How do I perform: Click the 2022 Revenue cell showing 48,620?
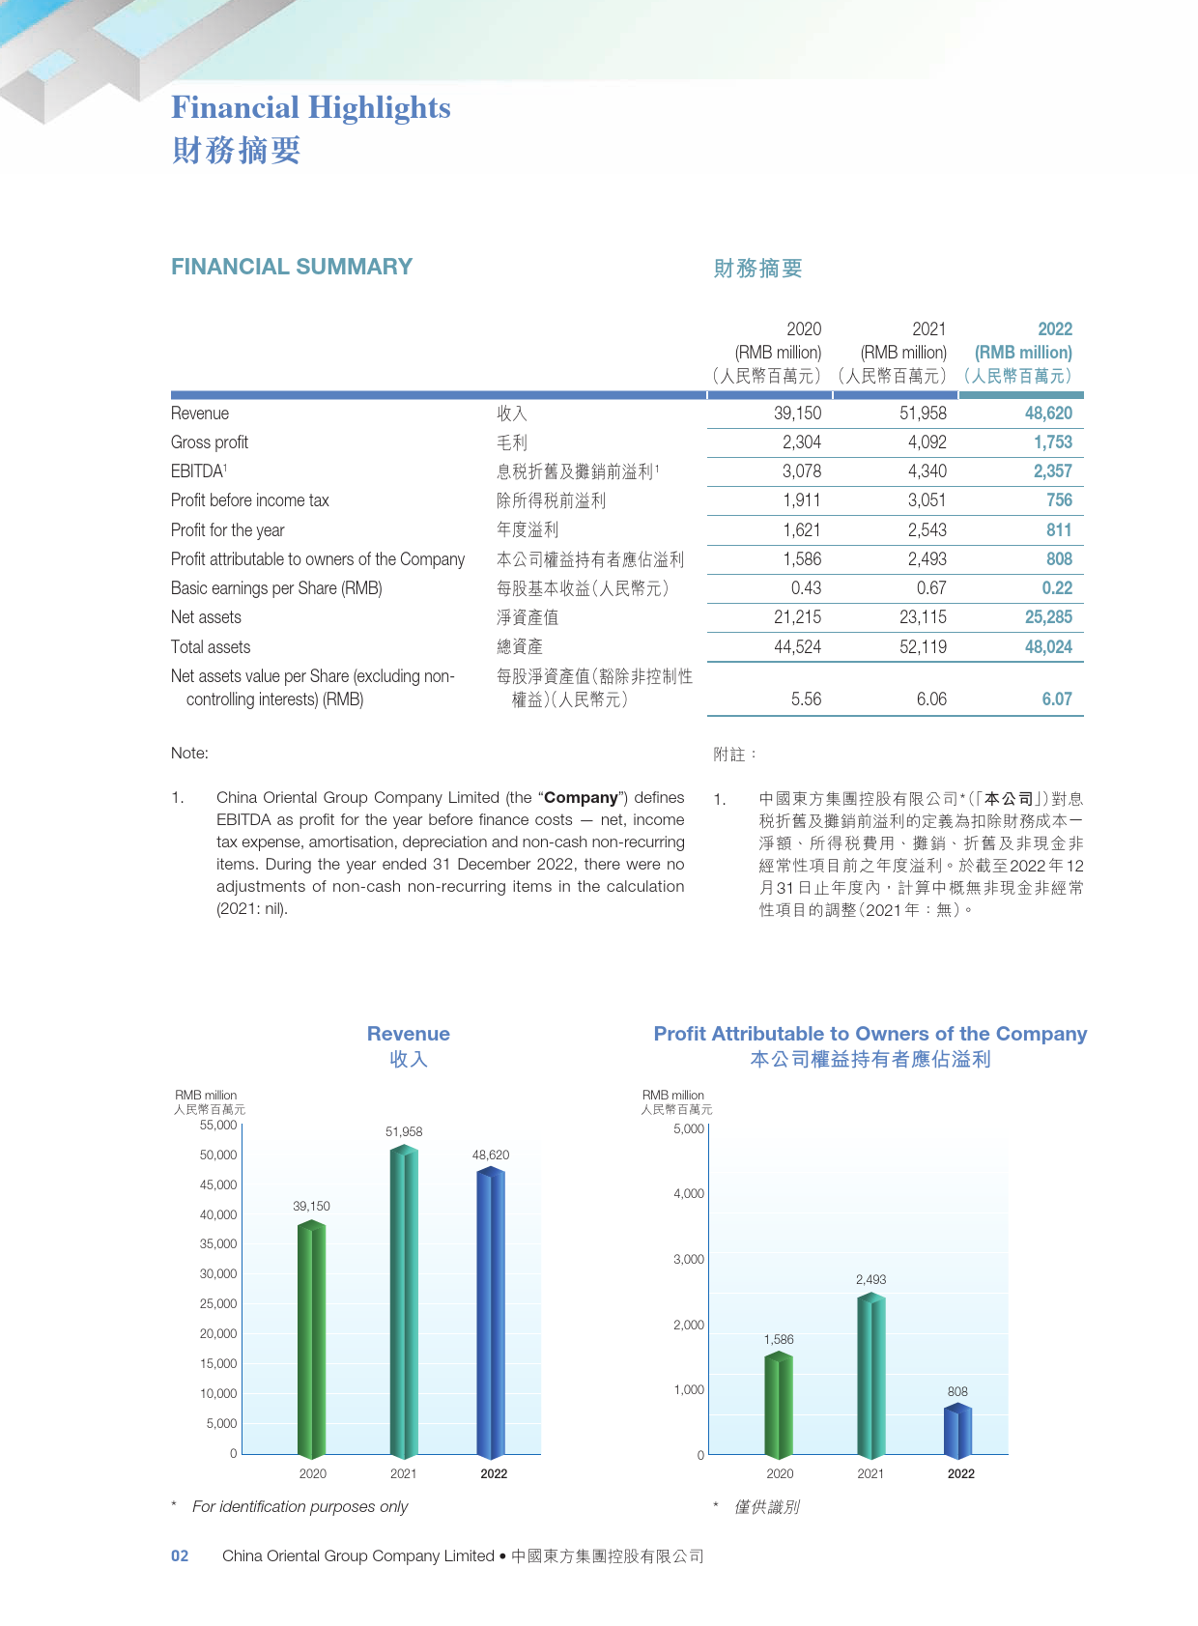1048,414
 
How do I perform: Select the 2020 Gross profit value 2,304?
802,442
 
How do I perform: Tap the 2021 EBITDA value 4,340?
927,471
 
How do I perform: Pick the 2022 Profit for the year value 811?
1059,530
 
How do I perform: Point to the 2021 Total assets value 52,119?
923,647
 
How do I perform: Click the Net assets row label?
206,617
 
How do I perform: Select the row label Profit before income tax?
249,500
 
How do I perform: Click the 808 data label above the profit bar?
957,1392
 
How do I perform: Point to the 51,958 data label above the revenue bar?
404,1131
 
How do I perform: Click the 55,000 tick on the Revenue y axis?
218,1126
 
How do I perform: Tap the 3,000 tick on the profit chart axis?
689,1260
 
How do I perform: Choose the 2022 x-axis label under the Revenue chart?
494,1474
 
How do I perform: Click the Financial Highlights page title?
311,108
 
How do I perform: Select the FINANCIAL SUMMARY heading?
292,267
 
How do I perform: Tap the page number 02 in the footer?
180,1556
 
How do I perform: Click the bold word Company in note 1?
581,798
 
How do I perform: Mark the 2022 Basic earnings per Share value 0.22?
1057,588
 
